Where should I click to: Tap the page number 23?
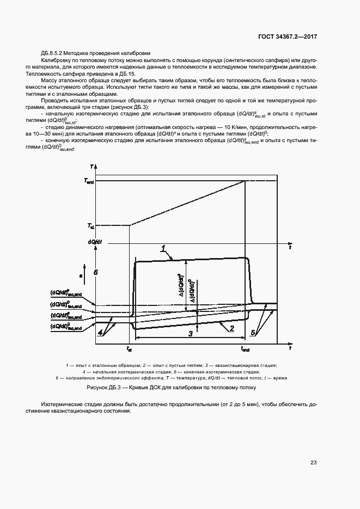313,463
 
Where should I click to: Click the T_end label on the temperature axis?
90,181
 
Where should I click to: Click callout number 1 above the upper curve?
163,249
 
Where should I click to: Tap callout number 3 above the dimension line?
190,333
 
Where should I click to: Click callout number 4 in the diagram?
100,332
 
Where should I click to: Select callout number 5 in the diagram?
253,332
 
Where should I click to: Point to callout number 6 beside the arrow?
95,272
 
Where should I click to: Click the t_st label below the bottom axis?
129,348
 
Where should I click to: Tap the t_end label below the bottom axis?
245,348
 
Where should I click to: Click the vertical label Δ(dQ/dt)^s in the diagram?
180,285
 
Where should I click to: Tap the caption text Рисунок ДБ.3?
106,389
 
